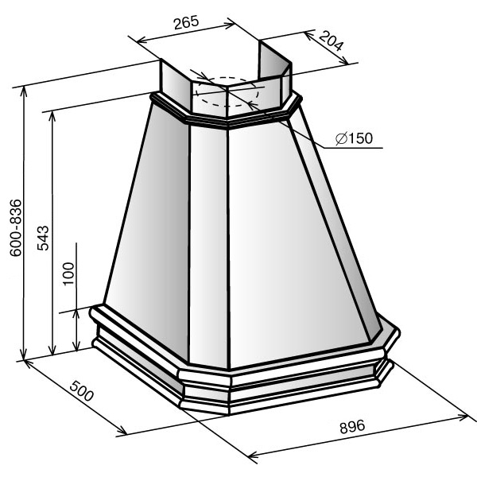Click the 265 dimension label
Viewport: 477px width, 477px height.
[186, 22]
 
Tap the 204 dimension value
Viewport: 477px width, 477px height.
[332, 41]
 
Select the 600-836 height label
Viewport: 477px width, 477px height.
[16, 228]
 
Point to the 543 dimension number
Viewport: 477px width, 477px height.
[43, 238]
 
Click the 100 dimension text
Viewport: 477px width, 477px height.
[68, 273]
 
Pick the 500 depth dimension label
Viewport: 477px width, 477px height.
[81, 391]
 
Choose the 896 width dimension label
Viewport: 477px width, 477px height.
[352, 426]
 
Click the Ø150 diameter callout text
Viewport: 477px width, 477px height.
[354, 138]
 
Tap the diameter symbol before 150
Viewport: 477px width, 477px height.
[341, 138]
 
